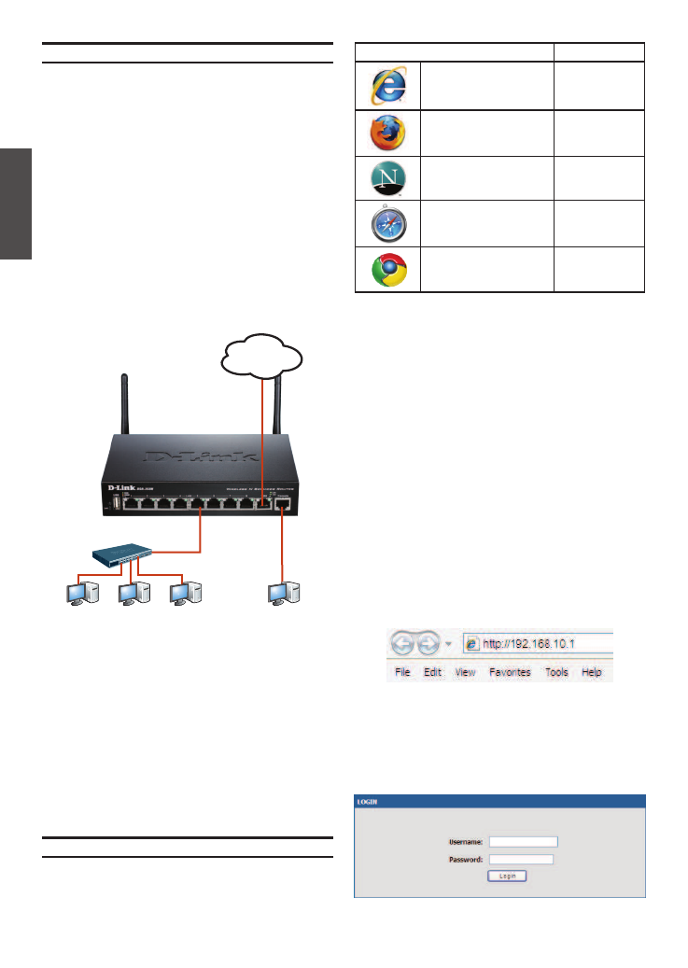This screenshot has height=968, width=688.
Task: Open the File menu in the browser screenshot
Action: [402, 672]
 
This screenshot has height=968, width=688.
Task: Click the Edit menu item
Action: [432, 672]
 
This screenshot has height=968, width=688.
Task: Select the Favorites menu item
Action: [510, 672]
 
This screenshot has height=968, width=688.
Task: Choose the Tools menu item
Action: [556, 672]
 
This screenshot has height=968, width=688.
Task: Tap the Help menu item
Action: [592, 672]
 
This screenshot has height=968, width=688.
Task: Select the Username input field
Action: [523, 841]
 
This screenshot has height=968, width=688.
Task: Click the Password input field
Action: [521, 859]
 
